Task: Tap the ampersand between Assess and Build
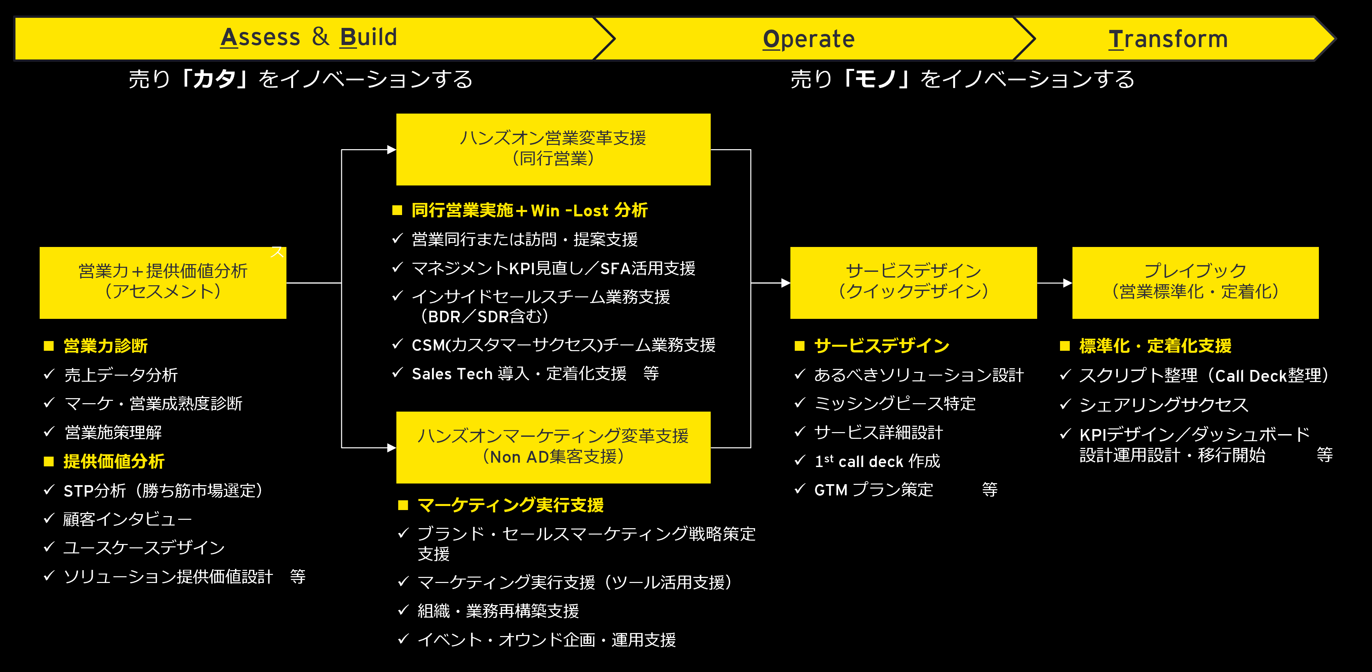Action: [x=320, y=37]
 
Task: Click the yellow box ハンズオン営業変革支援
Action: [x=553, y=149]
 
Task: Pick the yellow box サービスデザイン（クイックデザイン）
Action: [x=913, y=282]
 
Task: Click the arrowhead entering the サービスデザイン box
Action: [x=785, y=283]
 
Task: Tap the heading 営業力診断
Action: [x=106, y=346]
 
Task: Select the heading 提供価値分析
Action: [x=114, y=461]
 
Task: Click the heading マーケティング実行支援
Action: [x=510, y=505]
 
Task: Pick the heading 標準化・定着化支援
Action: [x=1155, y=346]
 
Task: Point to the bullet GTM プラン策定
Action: [x=873, y=490]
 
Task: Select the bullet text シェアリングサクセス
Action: [x=1163, y=405]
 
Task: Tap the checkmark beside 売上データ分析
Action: [x=49, y=374]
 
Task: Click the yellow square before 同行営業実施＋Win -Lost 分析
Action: [x=397, y=210]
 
